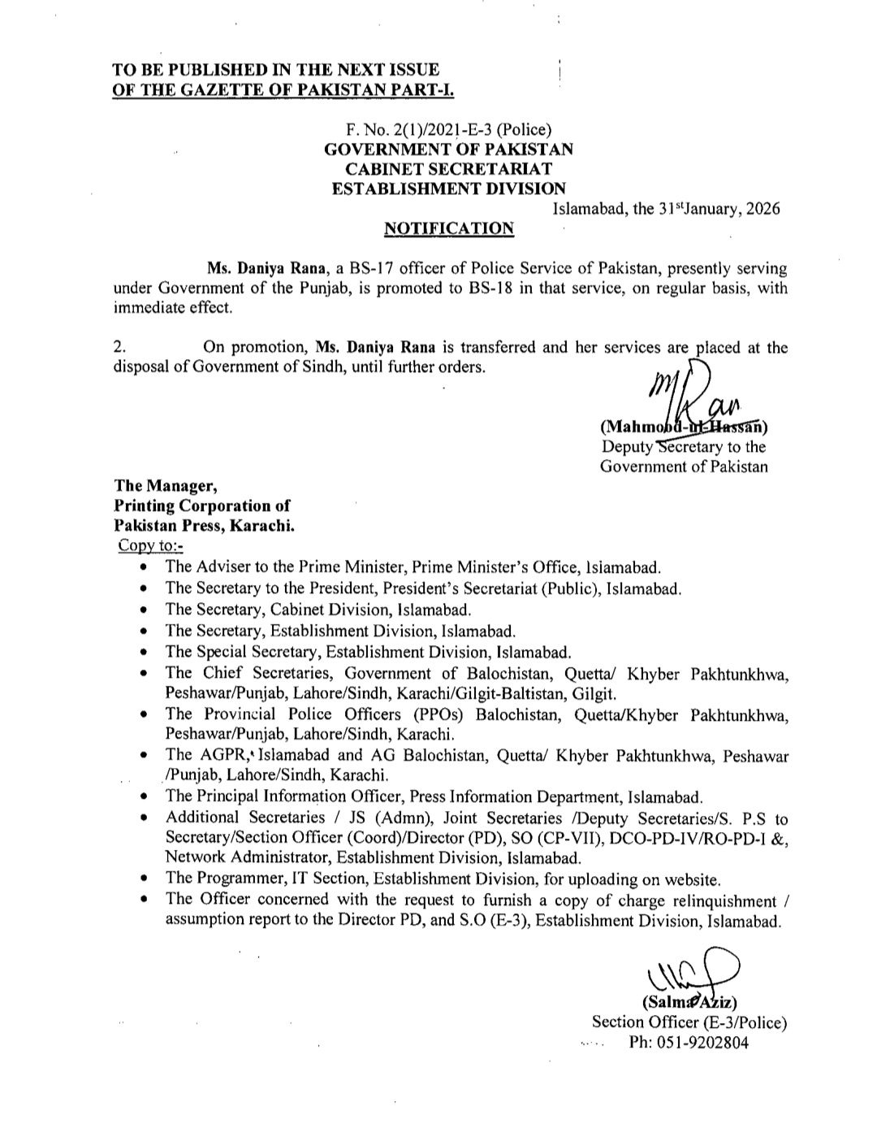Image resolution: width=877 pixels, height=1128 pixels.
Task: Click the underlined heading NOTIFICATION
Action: (x=448, y=228)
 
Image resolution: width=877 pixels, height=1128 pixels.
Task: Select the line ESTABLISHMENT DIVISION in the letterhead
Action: (x=449, y=189)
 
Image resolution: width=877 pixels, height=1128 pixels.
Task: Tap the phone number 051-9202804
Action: (x=689, y=1043)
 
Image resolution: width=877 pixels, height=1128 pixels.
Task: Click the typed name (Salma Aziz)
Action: (x=689, y=1002)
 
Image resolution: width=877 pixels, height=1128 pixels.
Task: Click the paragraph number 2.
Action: (x=119, y=348)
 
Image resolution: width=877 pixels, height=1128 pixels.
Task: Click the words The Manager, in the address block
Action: (x=166, y=486)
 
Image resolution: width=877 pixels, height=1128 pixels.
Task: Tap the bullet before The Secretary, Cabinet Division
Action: (x=144, y=610)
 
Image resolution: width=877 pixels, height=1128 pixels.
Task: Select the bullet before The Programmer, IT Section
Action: (x=144, y=879)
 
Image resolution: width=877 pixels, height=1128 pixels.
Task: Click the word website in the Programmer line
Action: (x=692, y=879)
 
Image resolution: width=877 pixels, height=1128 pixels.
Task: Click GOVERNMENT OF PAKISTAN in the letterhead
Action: (x=448, y=150)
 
